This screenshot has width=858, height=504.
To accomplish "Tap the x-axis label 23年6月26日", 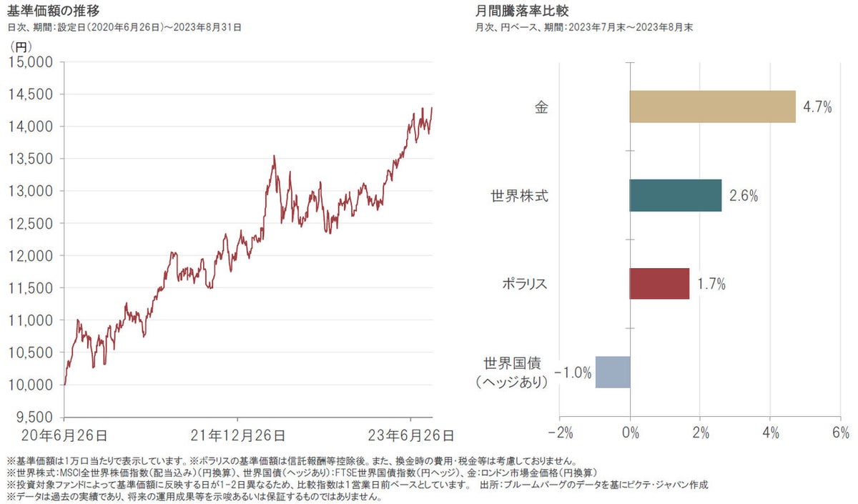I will click(410, 435).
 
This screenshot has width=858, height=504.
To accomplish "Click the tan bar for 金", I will click(712, 107).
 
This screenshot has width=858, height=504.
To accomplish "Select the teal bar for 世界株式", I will click(676, 195).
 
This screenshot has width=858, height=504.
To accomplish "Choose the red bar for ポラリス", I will click(659, 284).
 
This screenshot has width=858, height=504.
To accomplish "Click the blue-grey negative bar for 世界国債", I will click(613, 372).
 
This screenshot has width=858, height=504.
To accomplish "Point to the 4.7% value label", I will click(817, 107).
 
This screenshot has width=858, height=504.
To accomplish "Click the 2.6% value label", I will click(744, 196).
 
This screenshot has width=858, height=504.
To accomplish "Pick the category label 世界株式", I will click(520, 195).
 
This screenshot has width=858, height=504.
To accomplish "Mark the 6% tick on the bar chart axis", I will click(839, 433).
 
